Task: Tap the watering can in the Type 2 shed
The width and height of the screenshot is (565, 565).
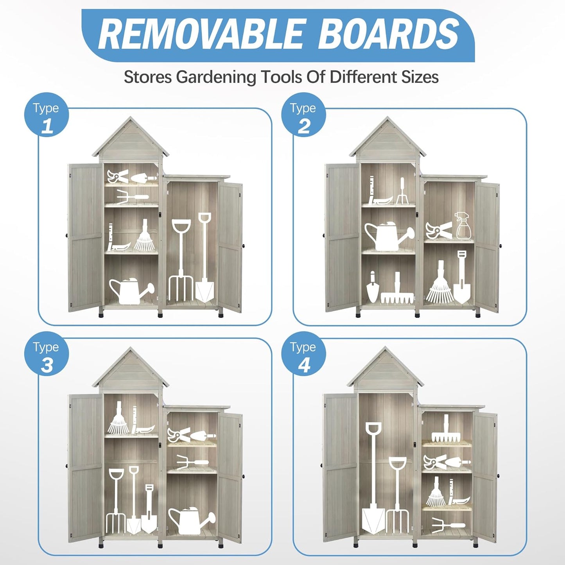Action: tap(389, 235)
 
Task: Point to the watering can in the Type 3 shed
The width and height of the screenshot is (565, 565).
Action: tap(192, 521)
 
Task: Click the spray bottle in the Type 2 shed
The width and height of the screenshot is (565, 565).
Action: tap(463, 226)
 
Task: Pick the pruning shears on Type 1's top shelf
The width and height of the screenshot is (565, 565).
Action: tap(118, 176)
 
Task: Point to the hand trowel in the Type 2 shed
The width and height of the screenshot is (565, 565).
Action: tap(372, 287)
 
